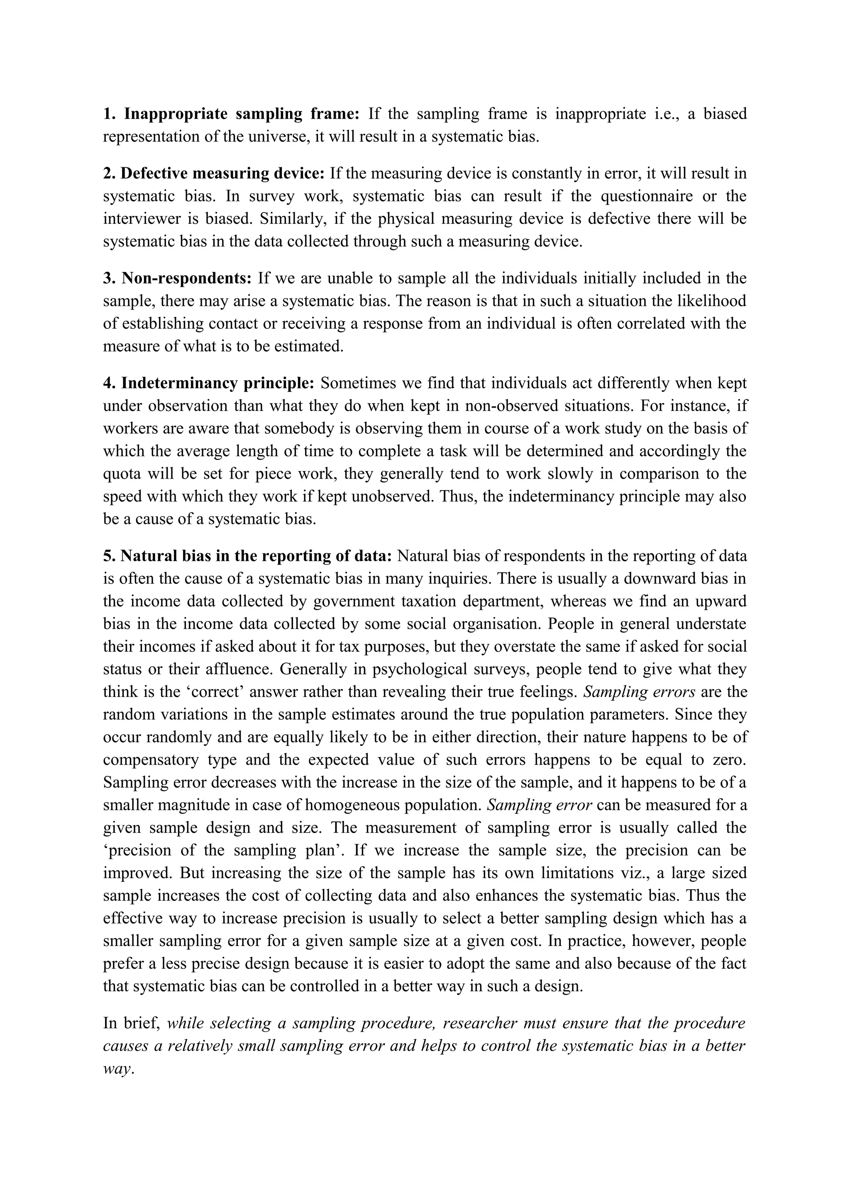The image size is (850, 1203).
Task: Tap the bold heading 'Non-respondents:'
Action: tap(178, 278)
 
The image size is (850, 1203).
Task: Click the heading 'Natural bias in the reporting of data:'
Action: tap(247, 556)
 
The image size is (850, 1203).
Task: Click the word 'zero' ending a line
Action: tap(729, 760)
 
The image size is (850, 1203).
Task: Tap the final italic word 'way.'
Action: tap(118, 1069)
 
